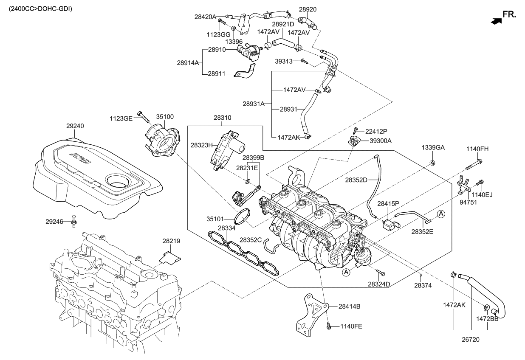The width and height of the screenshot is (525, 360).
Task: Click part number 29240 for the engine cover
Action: pyautogui.click(x=75, y=126)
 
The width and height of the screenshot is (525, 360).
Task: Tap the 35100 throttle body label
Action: pyautogui.click(x=164, y=116)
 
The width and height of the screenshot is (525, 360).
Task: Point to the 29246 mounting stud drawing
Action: pyautogui.click(x=74, y=221)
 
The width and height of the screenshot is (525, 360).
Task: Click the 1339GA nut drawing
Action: pyautogui.click(x=432, y=163)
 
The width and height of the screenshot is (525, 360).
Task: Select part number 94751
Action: pyautogui.click(x=469, y=202)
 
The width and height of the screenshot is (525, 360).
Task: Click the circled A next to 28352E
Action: pyautogui.click(x=441, y=214)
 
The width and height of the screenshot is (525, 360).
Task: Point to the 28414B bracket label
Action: pyautogui.click(x=349, y=306)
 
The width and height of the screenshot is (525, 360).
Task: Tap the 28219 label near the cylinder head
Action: pyautogui.click(x=171, y=241)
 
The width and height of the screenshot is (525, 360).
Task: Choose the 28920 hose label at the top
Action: pyautogui.click(x=308, y=9)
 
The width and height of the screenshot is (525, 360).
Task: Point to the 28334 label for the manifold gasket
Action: pyautogui.click(x=227, y=228)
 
